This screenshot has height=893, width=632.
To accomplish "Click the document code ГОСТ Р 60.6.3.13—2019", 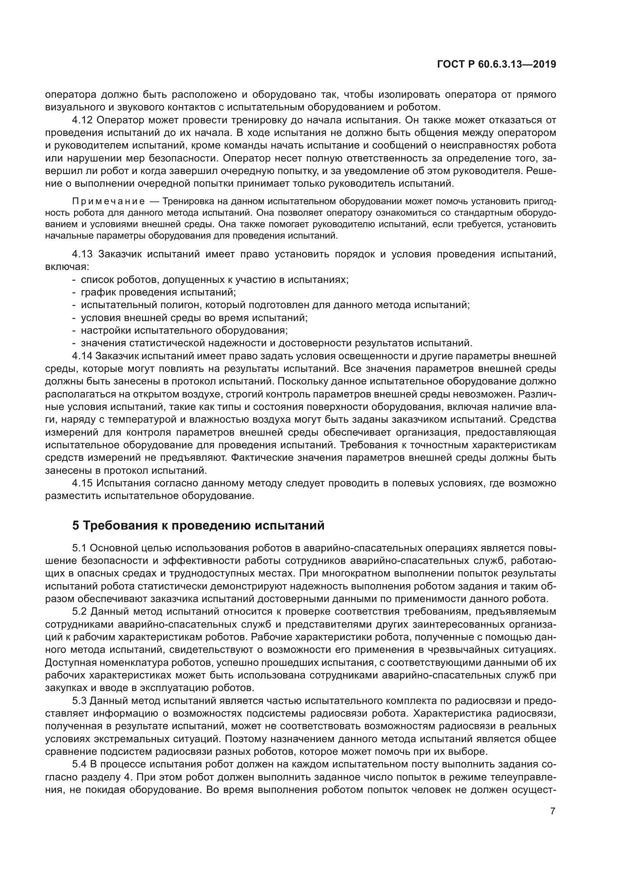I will [x=497, y=65].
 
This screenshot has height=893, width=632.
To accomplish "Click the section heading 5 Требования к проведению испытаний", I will [x=198, y=525].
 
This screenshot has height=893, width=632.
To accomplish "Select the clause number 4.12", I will [x=82, y=120].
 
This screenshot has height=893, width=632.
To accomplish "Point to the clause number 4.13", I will [x=82, y=254].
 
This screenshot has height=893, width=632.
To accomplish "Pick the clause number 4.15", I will [x=82, y=483].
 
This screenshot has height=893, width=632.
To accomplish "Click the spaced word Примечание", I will [x=109, y=202].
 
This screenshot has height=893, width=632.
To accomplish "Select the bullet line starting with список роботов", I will [x=214, y=279].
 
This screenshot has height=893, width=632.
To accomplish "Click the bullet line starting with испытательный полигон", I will [x=275, y=305].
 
